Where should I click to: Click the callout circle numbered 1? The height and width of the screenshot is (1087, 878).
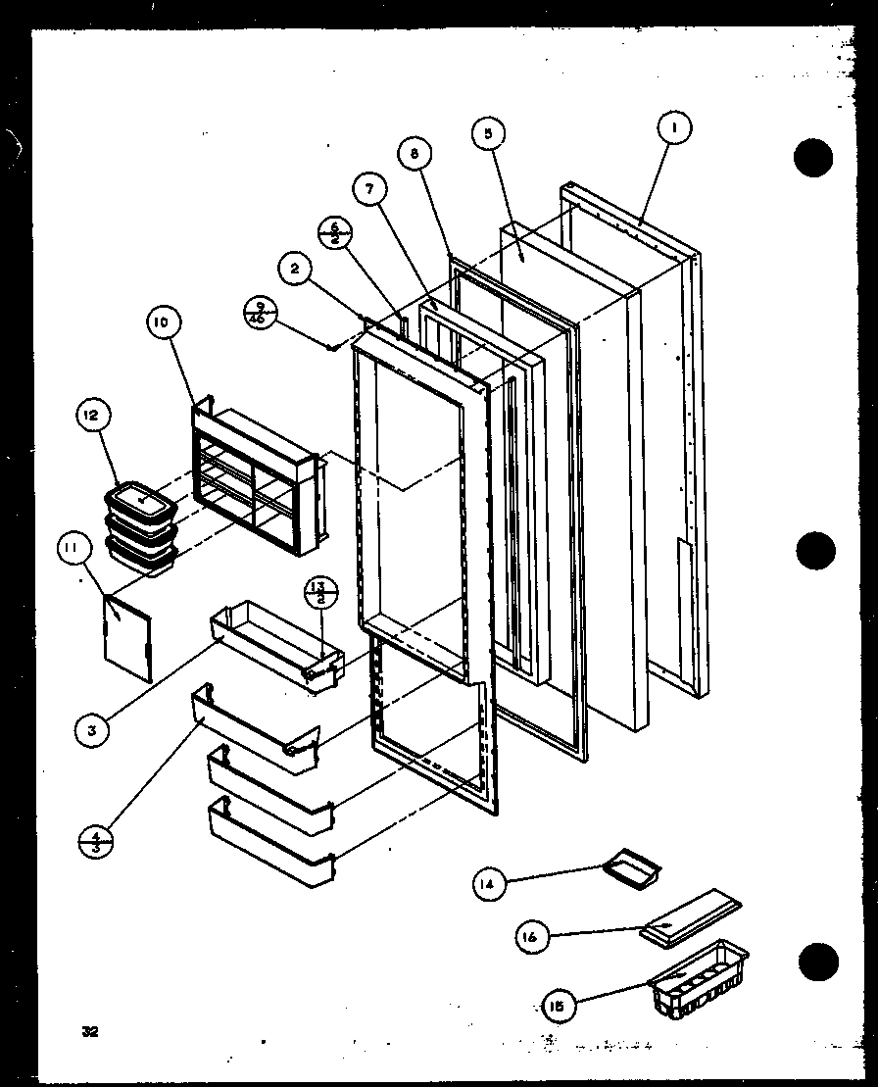point(674,127)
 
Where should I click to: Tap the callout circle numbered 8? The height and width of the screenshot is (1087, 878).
point(415,154)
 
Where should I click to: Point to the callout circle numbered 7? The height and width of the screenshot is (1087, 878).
point(368,191)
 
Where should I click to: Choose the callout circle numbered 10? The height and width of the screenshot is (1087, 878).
point(164,322)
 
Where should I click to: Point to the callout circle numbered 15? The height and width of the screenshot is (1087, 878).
point(559,1004)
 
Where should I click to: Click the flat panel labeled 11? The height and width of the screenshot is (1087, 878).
point(127,638)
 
